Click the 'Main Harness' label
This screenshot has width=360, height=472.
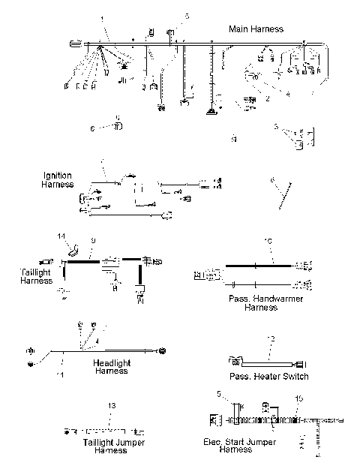[x=256, y=29]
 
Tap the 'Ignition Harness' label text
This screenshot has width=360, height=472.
[x=58, y=180]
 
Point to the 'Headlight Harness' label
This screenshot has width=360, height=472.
[x=110, y=367]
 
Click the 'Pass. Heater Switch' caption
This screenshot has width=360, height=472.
[x=268, y=376]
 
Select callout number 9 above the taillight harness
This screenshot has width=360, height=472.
[x=92, y=240]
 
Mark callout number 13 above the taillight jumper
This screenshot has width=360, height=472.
[x=112, y=406]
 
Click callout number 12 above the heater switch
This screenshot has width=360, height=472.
[x=271, y=340]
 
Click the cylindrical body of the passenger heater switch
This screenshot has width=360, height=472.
[x=266, y=360]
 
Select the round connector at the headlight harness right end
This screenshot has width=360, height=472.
[x=161, y=351]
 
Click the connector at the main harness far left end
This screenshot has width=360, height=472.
[x=74, y=45]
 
